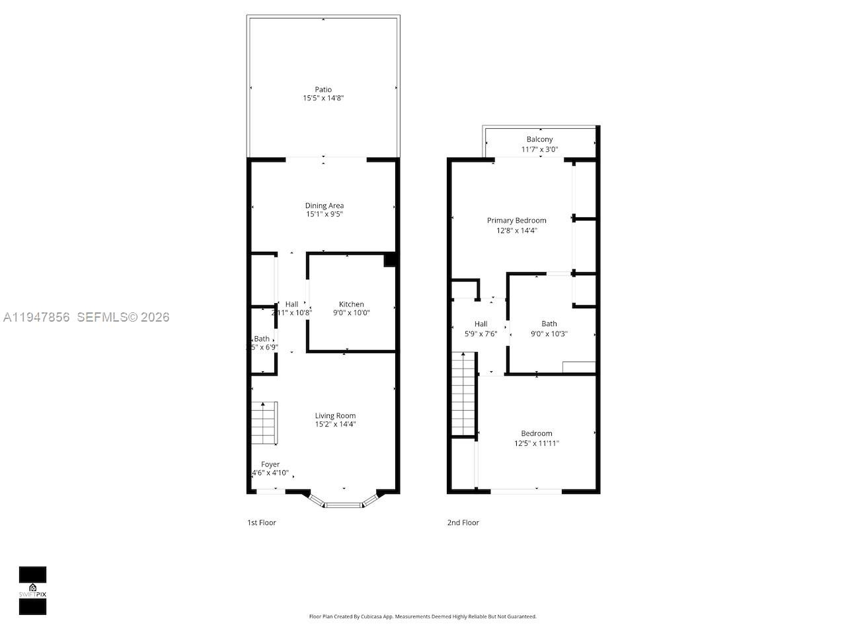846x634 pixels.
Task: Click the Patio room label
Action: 323,89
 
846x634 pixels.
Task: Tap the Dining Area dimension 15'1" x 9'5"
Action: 324,215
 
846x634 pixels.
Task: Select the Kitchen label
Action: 352,304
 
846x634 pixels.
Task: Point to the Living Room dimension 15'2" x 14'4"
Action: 336,425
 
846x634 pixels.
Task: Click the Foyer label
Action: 270,464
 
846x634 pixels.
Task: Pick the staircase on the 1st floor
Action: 264,423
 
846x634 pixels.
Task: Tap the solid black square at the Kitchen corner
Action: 390,260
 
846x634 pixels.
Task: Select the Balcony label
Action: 540,139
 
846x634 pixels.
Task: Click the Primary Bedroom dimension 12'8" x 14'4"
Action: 517,230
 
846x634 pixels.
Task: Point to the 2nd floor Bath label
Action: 549,324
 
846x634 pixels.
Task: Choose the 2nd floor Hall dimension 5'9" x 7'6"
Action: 481,334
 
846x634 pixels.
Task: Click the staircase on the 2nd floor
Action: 464,394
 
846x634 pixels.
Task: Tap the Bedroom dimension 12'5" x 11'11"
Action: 537,443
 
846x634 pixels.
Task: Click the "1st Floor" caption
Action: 262,522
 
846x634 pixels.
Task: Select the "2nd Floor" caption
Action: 463,522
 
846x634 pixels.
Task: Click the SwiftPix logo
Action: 32,590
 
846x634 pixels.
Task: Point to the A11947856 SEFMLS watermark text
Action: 86,317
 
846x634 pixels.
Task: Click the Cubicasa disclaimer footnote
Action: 423,616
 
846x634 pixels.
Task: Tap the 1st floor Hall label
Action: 291,304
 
